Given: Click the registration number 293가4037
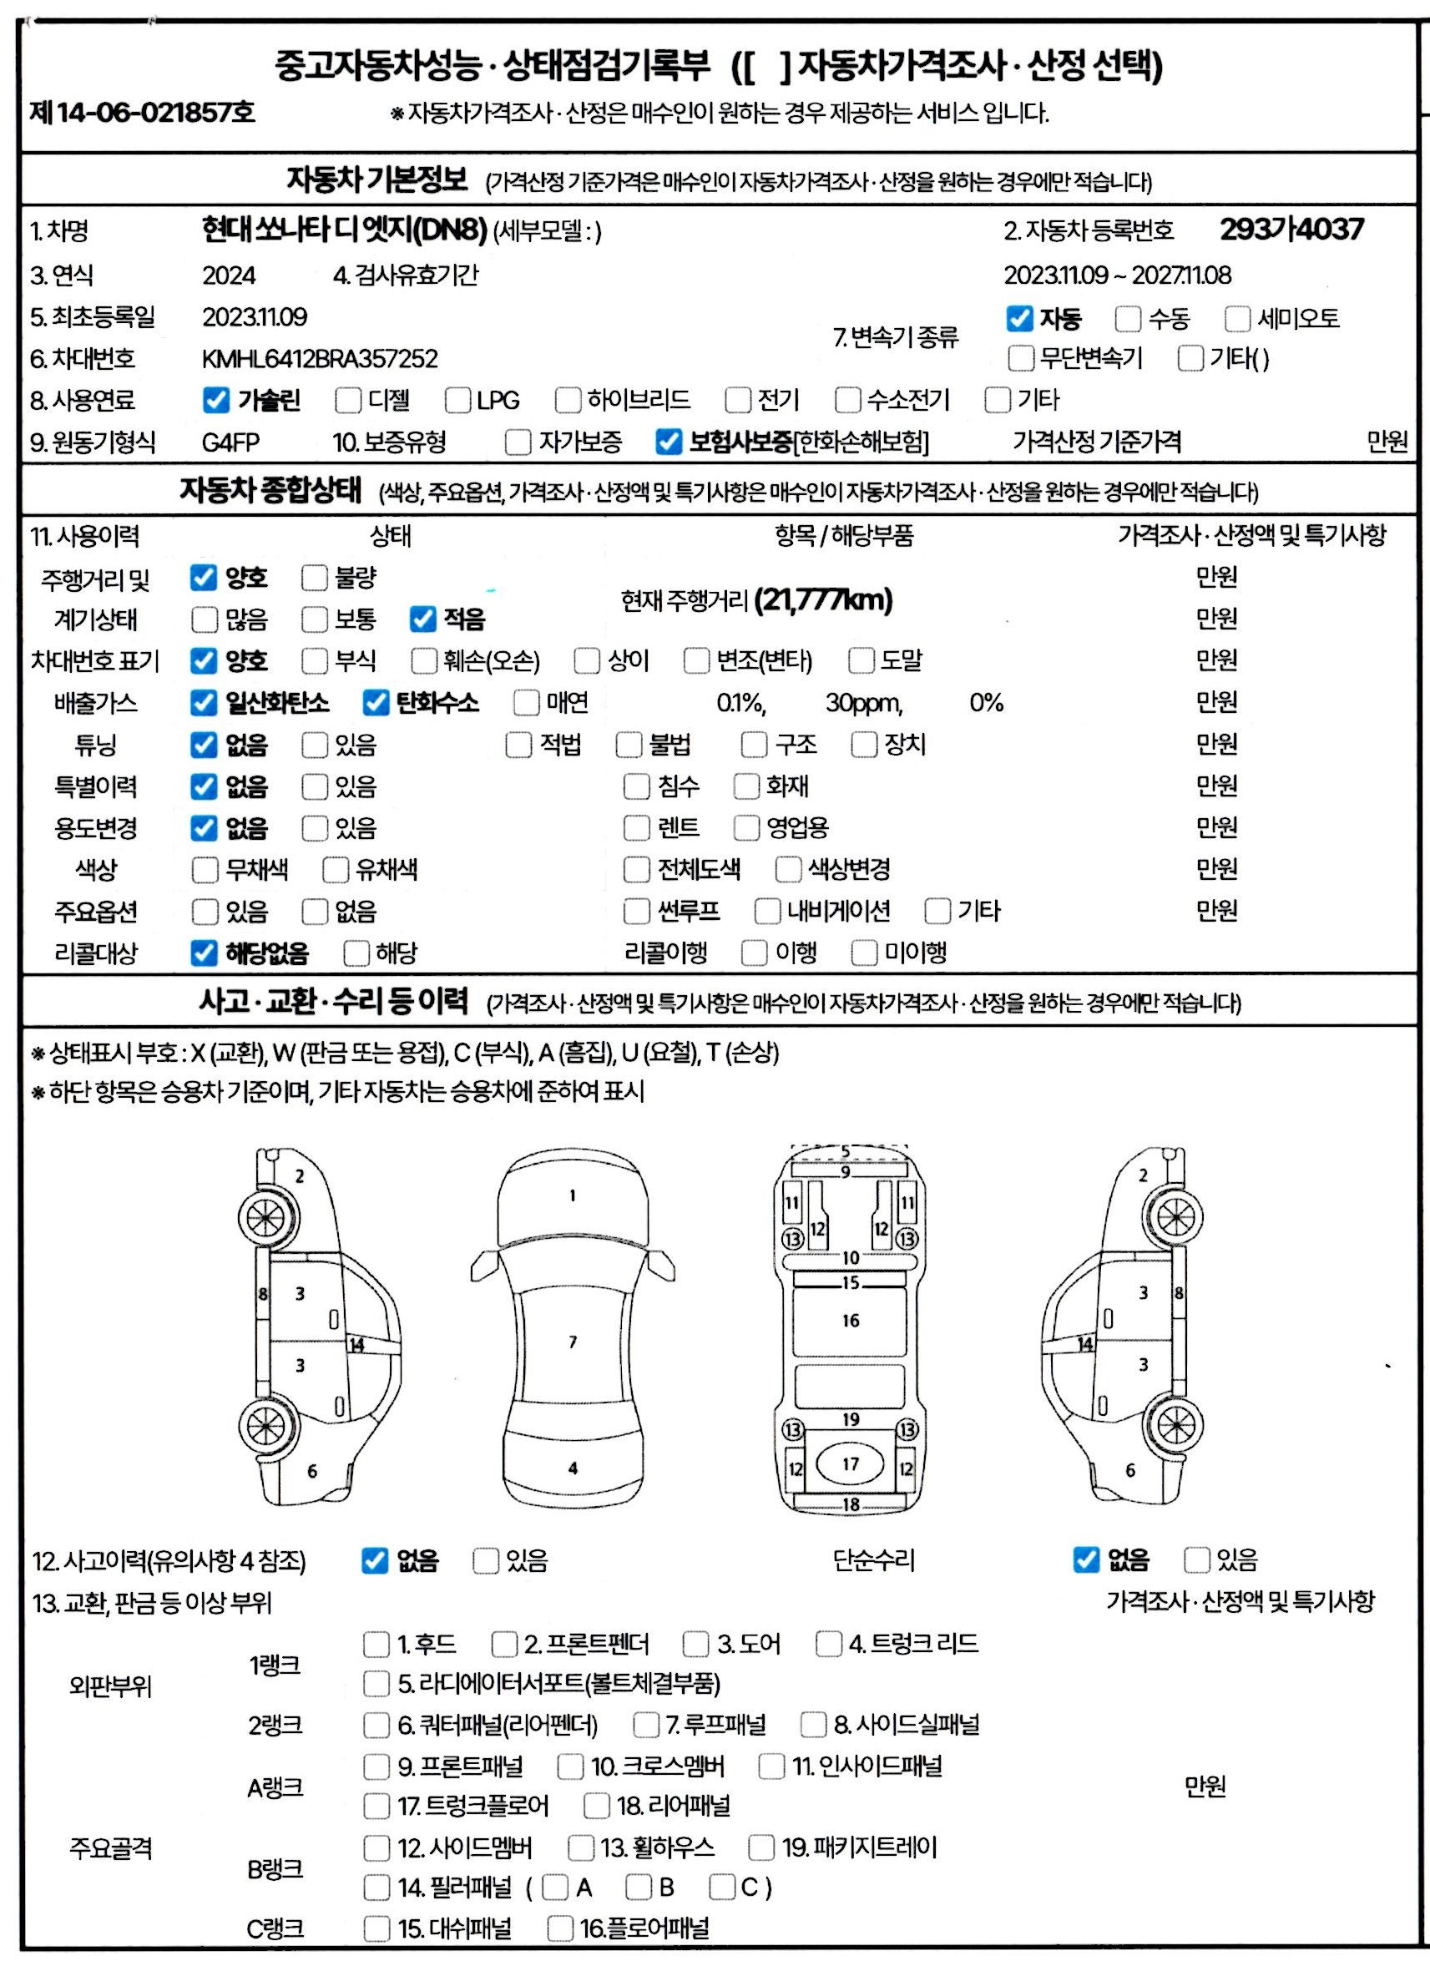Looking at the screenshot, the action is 1291,230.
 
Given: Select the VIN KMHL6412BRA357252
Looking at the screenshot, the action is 320,358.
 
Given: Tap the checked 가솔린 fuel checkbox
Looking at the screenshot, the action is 215,400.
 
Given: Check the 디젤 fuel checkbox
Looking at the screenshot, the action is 348,400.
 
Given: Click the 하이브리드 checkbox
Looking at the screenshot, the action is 568,400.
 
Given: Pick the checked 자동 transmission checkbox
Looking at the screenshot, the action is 1019,318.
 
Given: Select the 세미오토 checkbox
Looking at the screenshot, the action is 1237,318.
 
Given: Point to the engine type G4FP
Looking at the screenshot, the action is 230,442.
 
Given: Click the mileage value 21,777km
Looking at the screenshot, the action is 823,599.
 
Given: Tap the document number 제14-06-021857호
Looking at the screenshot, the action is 142,113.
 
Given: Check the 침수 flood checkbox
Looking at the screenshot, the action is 636,786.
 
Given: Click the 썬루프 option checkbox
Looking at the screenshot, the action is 636,911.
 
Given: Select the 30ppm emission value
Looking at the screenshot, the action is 864,703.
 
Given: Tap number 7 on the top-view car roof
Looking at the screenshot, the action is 572,1342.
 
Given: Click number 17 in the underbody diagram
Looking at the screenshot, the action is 851,1463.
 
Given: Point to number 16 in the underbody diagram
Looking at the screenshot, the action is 851,1321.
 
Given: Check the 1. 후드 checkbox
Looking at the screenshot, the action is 376,1644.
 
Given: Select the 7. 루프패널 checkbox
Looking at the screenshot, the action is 646,1724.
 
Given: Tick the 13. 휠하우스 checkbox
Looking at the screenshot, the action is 580,1847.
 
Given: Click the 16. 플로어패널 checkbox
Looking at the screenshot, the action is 560,1928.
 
